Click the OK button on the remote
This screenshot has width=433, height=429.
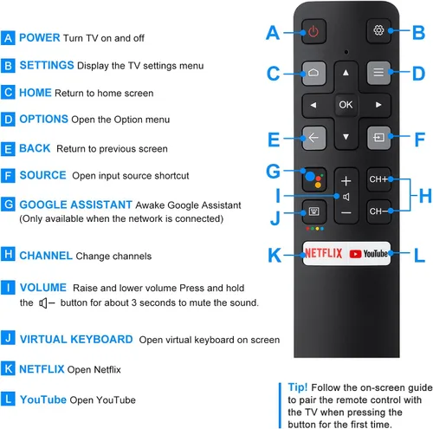(x=346, y=104)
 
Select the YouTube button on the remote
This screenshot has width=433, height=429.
(x=369, y=254)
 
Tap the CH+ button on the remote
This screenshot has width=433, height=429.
(x=378, y=180)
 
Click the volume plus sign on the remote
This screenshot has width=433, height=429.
(x=346, y=181)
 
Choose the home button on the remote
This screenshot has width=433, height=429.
(x=313, y=73)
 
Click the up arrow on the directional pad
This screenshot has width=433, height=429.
(x=346, y=73)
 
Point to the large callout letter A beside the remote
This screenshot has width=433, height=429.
(x=273, y=34)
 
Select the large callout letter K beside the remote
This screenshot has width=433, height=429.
(x=275, y=255)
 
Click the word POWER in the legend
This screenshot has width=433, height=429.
(x=40, y=38)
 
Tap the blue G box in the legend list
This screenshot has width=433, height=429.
(x=9, y=205)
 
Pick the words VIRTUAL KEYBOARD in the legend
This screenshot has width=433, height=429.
(x=76, y=340)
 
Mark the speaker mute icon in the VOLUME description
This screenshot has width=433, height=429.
(x=47, y=303)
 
